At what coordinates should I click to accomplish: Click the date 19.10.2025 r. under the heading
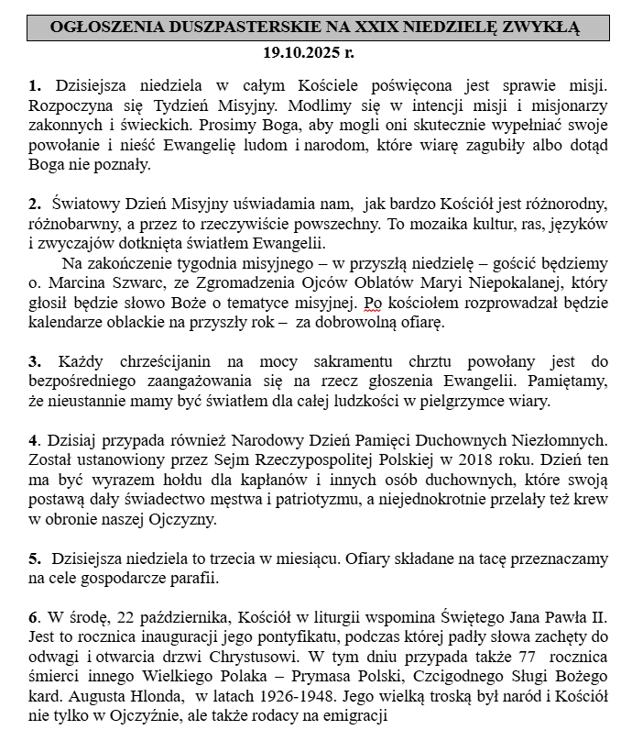click(x=315, y=52)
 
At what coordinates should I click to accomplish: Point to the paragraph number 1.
click(x=34, y=86)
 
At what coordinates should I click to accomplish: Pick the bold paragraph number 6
click(x=34, y=613)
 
